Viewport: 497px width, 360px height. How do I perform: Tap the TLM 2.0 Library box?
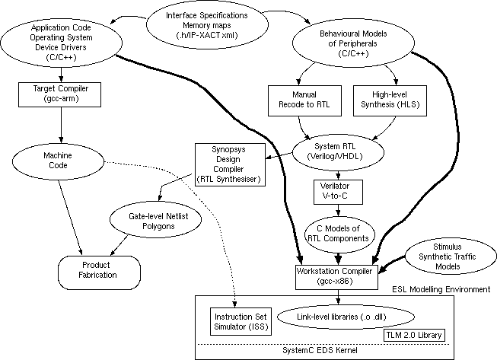[x=413, y=333]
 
